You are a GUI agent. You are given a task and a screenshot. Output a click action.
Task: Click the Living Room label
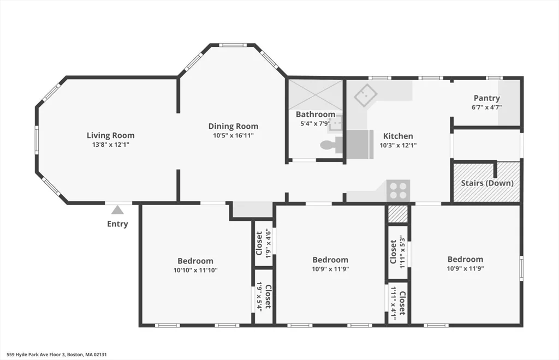[x=110, y=135]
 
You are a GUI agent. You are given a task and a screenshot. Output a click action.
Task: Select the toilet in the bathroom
[x=327, y=145]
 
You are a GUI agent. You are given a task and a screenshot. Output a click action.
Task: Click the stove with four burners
[x=399, y=190]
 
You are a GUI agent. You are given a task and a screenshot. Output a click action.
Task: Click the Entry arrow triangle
[x=117, y=210]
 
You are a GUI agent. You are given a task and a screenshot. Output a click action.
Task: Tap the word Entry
[x=117, y=224]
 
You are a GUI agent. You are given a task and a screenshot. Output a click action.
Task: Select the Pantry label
[x=487, y=98]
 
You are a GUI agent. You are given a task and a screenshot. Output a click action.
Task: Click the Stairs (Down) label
[x=487, y=183]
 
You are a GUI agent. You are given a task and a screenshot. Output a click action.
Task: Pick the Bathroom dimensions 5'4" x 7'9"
[x=315, y=123]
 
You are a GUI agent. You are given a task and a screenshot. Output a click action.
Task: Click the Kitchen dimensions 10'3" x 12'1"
[x=398, y=145]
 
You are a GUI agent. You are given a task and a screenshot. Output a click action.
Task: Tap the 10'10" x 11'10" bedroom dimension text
[x=195, y=269]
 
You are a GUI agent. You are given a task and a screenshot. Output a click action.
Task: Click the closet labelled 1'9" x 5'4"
[x=263, y=296]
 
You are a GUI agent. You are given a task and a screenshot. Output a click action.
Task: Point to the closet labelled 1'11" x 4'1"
[x=398, y=303]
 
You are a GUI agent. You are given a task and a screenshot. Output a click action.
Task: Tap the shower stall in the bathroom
[x=315, y=94]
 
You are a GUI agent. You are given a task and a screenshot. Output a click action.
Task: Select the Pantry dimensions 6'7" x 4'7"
[x=487, y=107]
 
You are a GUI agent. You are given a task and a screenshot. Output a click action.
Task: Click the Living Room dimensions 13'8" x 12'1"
[x=110, y=145]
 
